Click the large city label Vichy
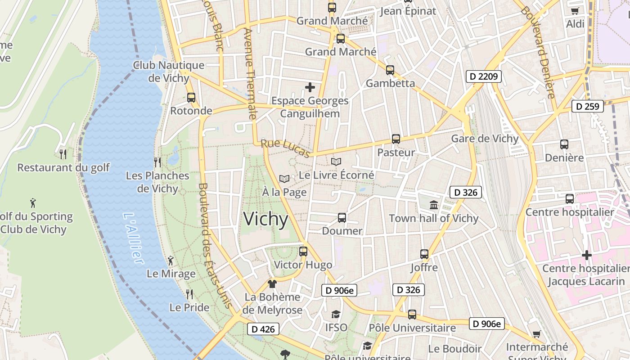[x=266, y=219]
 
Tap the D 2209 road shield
[x=483, y=76]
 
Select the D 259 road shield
[x=587, y=106]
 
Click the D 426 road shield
[x=263, y=329]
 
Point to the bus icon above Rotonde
[x=191, y=97]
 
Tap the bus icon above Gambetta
[x=390, y=70]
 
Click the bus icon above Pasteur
[x=396, y=139]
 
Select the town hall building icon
[x=434, y=205]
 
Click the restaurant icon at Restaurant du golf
[x=63, y=154]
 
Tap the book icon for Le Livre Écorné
[x=336, y=162]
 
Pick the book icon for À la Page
[x=284, y=179]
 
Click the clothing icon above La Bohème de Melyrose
[x=272, y=283]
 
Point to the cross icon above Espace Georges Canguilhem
[x=310, y=87]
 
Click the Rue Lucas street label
[x=286, y=149]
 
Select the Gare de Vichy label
[x=485, y=139]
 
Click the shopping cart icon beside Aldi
[x=575, y=11]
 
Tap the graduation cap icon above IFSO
[x=336, y=314]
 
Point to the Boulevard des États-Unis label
[x=216, y=245]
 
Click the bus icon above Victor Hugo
[x=303, y=251]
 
